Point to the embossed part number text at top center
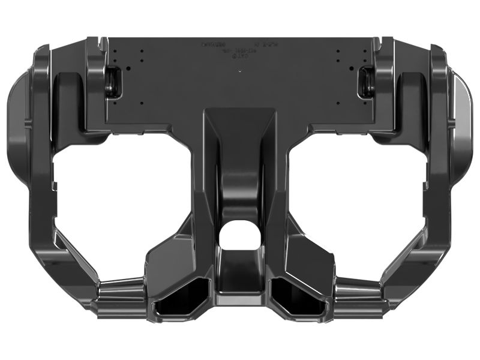pyautogui.click(x=237, y=48)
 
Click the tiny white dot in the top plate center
pyautogui.click(x=240, y=71)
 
